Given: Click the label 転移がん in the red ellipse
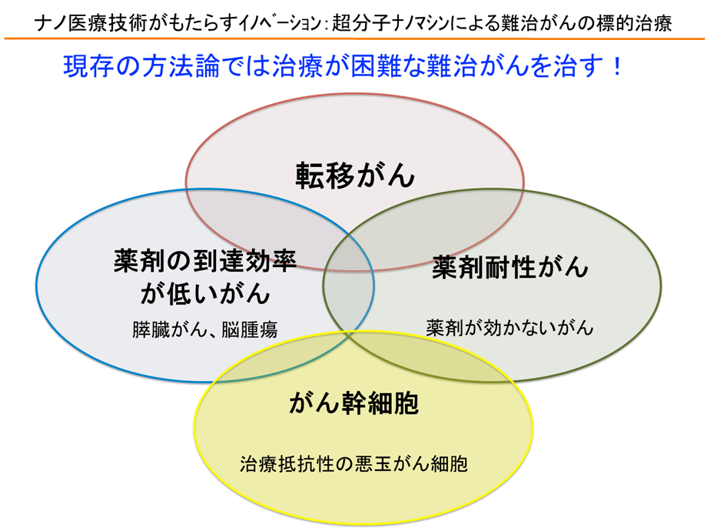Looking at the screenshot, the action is [x=355, y=175].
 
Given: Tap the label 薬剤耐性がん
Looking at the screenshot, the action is [x=510, y=267].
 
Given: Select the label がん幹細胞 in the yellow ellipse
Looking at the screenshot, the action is [x=354, y=402].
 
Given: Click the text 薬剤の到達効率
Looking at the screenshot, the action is [x=205, y=261].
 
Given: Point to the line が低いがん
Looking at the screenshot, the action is [x=205, y=293].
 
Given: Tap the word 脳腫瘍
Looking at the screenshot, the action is [x=249, y=329].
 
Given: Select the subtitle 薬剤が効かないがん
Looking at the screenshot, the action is [x=510, y=327].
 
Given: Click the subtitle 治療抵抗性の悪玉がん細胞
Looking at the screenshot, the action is [x=354, y=464].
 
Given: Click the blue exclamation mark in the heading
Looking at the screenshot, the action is [x=617, y=66].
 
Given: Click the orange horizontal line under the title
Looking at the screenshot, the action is [x=354, y=38].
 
